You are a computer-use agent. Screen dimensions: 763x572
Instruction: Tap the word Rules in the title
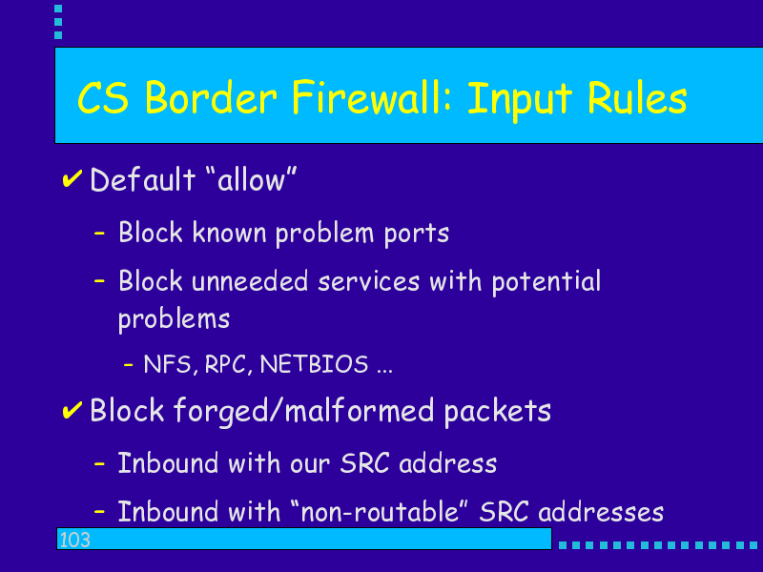pos(637,98)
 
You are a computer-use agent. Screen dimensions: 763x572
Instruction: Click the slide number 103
pos(75,540)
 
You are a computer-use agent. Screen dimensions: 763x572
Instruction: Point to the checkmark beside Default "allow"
pos(72,178)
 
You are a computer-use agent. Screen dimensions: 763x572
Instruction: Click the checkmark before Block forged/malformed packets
pos(72,410)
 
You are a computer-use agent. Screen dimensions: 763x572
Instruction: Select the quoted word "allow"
pos(251,179)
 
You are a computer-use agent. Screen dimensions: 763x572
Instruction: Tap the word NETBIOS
pos(314,364)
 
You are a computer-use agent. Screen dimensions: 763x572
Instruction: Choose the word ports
pos(417,234)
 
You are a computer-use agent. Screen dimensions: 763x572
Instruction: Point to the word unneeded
pos(250,281)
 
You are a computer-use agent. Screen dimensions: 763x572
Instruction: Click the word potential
pos(546,282)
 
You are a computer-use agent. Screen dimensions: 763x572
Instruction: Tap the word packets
pos(497,411)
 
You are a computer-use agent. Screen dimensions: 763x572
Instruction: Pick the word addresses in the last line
pos(601,512)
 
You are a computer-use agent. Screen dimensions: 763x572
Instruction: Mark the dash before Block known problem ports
pos(99,234)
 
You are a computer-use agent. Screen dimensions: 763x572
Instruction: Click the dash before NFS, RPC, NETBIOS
pos(128,364)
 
